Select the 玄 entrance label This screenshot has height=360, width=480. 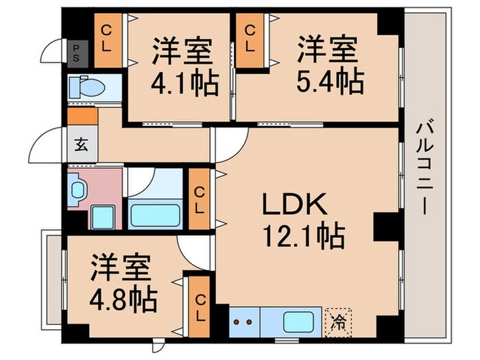[81, 145]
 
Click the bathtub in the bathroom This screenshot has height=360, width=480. [154, 215]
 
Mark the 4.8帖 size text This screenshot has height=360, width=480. [123, 298]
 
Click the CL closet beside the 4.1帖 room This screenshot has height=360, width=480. [108, 40]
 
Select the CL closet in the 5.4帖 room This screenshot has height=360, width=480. [252, 40]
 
